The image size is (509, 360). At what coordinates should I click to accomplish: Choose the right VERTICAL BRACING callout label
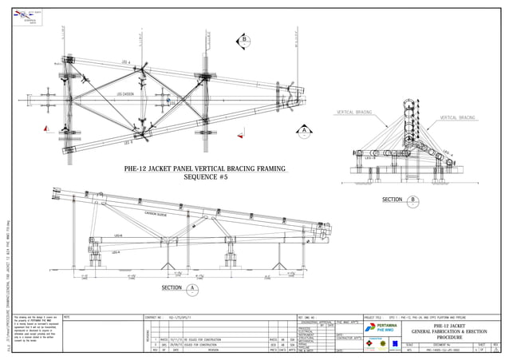(x=456, y=117)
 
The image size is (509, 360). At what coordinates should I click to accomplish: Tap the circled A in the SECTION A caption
(x=193, y=288)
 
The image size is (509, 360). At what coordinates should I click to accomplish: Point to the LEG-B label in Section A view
(x=117, y=236)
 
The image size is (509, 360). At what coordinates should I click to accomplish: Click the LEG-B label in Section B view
(x=369, y=159)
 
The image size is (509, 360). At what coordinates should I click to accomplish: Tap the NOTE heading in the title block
(x=67, y=317)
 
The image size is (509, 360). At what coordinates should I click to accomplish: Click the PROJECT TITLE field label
(x=374, y=317)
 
